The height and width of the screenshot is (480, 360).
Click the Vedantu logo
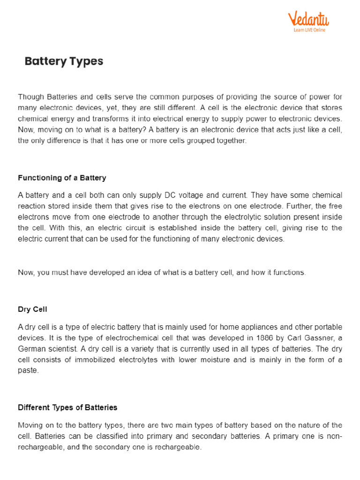308,19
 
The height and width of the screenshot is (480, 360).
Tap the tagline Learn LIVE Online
309,30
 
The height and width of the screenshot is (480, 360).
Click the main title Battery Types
64,61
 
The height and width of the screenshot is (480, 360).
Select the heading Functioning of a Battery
62,178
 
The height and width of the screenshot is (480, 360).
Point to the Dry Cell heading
32,309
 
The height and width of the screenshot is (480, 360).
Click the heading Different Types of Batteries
67,407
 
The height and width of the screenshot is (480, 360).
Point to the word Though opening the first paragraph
30,97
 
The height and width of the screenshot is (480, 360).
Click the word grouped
191,141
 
